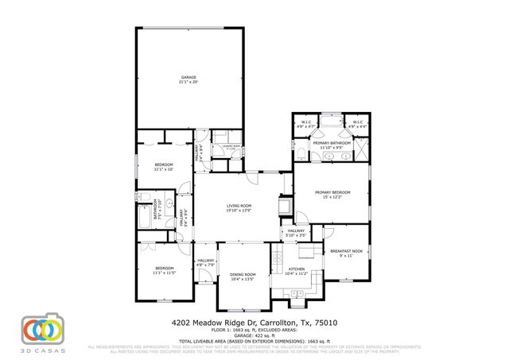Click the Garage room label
[x=188, y=77]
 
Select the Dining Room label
[x=243, y=273]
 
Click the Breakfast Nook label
[x=345, y=251]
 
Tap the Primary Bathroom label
[x=332, y=143]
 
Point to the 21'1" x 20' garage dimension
[x=188, y=83]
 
